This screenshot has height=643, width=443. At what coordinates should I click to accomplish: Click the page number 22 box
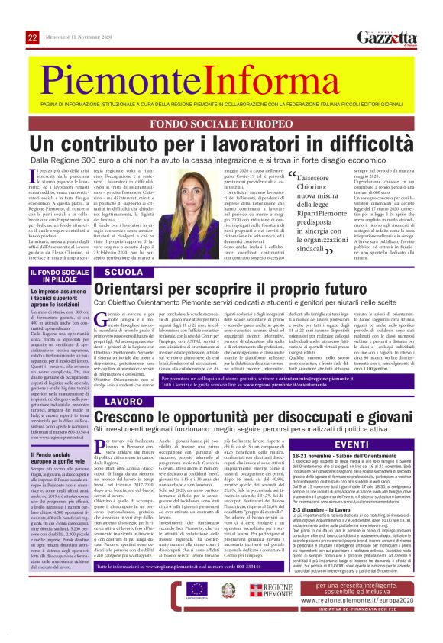click(32, 37)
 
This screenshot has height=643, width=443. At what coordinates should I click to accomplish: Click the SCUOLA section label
click(125, 272)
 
